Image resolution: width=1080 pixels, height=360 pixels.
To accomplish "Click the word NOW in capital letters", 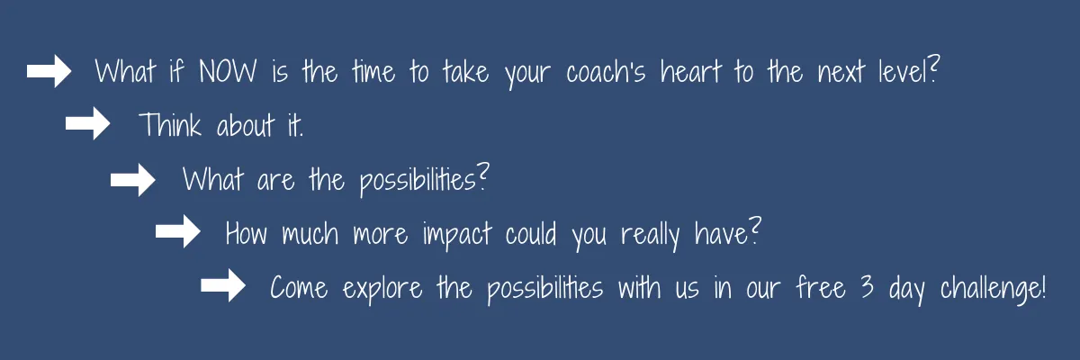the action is (x=228, y=72).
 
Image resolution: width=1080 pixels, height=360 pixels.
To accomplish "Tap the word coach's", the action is (x=606, y=72).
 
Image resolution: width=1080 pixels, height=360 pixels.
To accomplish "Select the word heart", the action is (x=691, y=71).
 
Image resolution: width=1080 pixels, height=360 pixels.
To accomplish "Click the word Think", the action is (x=170, y=125).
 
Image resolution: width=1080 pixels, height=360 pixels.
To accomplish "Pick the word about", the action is (x=246, y=125).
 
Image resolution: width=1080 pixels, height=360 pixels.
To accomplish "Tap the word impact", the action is (x=457, y=236).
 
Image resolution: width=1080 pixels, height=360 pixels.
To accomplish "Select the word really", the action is (x=650, y=236).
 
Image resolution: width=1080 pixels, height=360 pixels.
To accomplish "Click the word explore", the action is (x=382, y=290).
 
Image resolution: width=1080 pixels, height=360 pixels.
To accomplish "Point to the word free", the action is (x=821, y=287).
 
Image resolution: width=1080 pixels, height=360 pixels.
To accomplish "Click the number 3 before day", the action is (x=867, y=287).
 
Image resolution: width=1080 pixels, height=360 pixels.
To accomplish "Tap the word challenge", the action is (x=991, y=289).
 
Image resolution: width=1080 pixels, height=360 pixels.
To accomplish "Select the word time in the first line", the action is (x=373, y=72).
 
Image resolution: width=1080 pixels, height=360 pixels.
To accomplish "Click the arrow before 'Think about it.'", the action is (x=88, y=123).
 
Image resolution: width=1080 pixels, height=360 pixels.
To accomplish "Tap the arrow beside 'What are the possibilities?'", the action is (x=132, y=180).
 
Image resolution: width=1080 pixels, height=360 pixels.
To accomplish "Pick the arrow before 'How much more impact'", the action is (x=178, y=231).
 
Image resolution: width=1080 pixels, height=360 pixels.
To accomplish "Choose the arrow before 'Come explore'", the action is (x=223, y=285).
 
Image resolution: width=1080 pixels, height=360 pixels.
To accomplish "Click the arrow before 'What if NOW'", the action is (x=49, y=71).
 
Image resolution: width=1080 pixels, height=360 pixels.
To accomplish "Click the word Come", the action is (x=299, y=288).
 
